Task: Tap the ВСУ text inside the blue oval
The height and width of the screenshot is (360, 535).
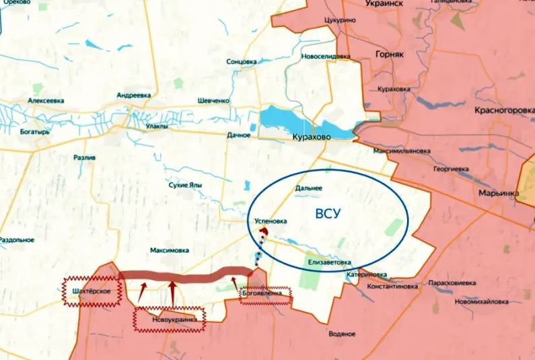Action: (328, 214)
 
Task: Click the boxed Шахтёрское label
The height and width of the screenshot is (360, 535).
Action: (90, 291)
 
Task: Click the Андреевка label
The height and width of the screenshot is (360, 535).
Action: (133, 96)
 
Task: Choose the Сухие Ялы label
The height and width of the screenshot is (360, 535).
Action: (186, 186)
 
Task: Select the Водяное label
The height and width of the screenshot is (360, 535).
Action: (343, 334)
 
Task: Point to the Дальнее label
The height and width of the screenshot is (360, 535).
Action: (309, 189)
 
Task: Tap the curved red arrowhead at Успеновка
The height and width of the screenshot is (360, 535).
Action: (264, 231)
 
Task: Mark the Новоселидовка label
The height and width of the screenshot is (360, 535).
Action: (327, 57)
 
